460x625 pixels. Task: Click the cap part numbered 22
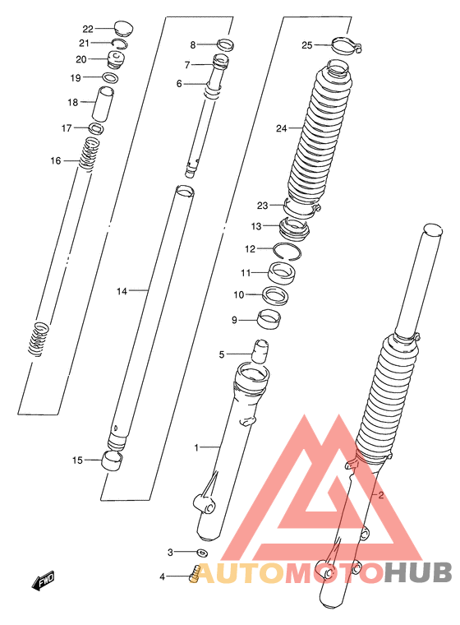click(124, 28)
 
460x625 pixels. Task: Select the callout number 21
click(84, 43)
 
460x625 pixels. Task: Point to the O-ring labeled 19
click(111, 77)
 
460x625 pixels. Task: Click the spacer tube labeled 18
click(103, 103)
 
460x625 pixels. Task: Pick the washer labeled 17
click(96, 128)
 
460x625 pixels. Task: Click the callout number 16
click(56, 160)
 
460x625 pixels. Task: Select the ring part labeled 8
click(225, 44)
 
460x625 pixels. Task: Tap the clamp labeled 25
click(345, 44)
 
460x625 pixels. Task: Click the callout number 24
click(281, 128)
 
